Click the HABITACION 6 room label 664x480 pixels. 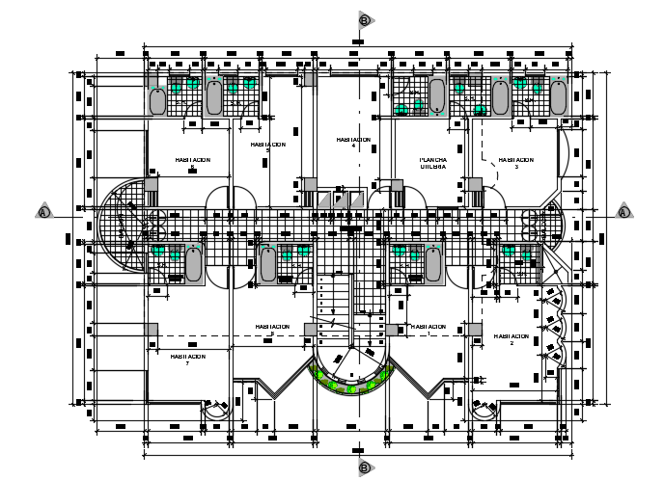192,163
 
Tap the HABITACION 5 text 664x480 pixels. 267,147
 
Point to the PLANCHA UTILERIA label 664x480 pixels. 432,163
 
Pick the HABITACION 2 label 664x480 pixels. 512,339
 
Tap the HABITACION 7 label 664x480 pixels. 188,359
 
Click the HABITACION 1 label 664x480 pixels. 272,329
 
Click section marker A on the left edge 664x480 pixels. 43,211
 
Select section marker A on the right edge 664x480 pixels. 623,211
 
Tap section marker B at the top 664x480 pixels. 364,19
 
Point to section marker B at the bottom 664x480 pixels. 364,467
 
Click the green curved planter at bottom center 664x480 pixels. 351,385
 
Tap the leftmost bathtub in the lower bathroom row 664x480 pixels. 193,263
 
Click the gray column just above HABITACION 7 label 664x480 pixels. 152,330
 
